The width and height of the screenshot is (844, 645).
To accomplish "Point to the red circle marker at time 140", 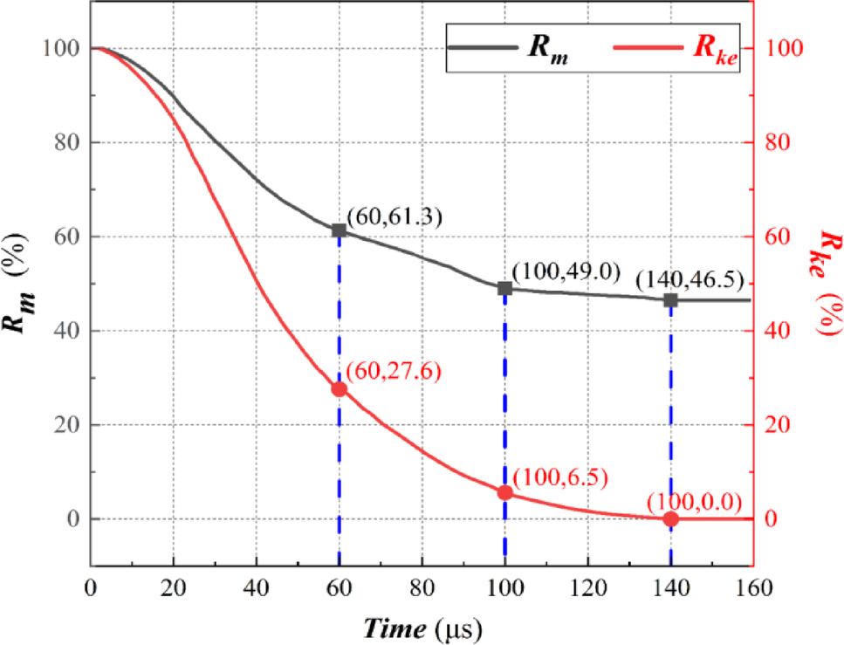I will tap(670, 519).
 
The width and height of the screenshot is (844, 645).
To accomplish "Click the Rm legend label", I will tap(549, 48).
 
